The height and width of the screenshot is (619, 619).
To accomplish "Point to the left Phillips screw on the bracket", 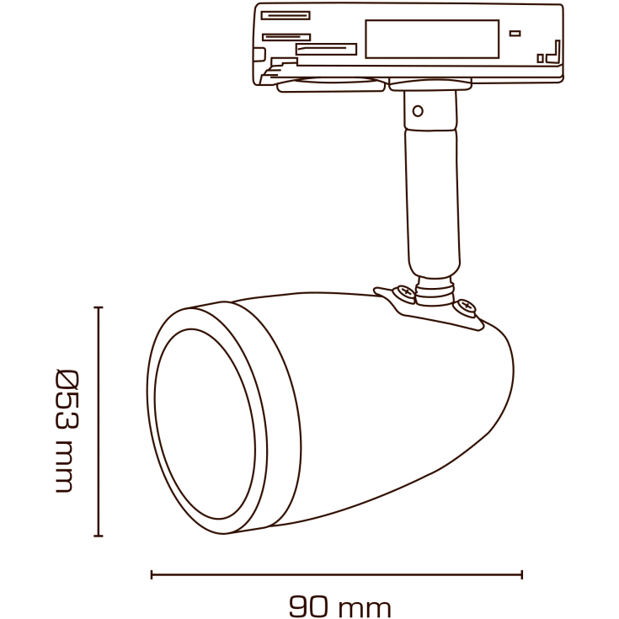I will [x=405, y=293].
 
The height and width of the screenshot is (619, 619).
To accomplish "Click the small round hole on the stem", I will [x=417, y=110].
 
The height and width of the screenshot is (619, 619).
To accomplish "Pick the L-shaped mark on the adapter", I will [x=552, y=52].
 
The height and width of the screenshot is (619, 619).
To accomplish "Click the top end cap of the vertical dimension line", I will [x=99, y=308].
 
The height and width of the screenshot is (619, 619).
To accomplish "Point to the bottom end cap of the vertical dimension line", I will [x=99, y=535].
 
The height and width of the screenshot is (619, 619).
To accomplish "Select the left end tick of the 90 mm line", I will [x=152, y=574].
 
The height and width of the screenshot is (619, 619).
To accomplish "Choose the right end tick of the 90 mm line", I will [x=522, y=574].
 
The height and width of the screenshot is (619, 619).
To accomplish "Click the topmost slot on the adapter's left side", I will [x=285, y=15].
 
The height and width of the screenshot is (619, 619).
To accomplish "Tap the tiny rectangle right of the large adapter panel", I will [x=515, y=34].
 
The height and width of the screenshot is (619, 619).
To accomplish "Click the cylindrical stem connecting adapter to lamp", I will [x=433, y=194].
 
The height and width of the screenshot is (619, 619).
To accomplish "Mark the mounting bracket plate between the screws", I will [x=435, y=307].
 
